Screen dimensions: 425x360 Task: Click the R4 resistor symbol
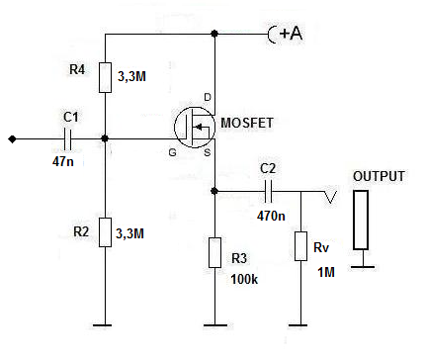[x=105, y=77]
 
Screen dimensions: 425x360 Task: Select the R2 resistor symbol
[x=105, y=232]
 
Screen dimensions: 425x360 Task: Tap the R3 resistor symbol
[x=214, y=252]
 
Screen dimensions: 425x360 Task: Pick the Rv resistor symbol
[x=300, y=246]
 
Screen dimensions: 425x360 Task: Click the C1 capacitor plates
[x=67, y=139]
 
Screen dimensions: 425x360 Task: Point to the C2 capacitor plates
[x=269, y=191]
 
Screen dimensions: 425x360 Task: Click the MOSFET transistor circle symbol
[x=195, y=127]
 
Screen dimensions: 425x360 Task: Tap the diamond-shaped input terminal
[x=12, y=139]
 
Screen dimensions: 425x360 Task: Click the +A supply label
[x=291, y=34]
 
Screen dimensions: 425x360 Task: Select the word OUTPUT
[x=379, y=176]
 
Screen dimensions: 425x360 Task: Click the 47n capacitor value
[x=63, y=161]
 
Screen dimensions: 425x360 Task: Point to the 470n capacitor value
[x=271, y=216]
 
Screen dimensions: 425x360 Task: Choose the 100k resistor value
[x=244, y=279]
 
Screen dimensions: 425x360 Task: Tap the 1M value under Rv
[x=326, y=272]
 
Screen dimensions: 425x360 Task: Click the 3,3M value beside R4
[x=131, y=77]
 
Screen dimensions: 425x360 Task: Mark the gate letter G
[x=172, y=152]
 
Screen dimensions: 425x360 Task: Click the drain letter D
[x=208, y=97]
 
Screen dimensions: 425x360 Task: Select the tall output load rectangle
[x=361, y=220]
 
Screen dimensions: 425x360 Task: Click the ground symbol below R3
[x=214, y=325]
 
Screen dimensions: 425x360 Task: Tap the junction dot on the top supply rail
[x=214, y=34]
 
